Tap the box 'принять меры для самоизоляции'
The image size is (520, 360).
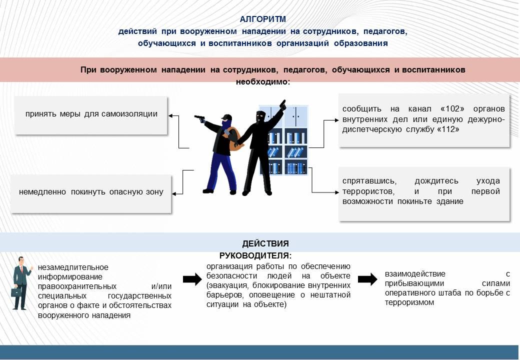point(91,114)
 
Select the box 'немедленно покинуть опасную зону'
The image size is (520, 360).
point(91,192)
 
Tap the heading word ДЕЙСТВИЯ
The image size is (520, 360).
point(265,244)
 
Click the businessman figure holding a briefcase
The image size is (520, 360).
point(21,282)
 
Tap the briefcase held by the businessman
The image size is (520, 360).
point(16,291)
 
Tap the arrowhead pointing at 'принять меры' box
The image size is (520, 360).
point(171,116)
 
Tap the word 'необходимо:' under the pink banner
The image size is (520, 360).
point(263,81)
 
